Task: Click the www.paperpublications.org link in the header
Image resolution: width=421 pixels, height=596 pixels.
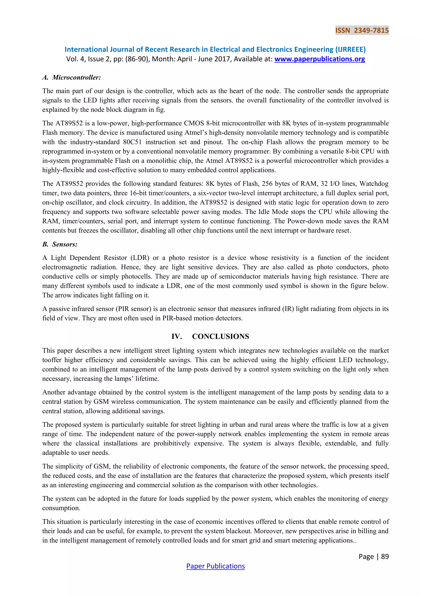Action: coord(319,59)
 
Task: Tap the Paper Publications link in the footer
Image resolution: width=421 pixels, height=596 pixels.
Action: coord(215,566)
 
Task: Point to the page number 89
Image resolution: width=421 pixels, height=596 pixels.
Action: coord(385,556)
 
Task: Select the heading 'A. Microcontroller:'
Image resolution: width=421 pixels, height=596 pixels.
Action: coord(72,77)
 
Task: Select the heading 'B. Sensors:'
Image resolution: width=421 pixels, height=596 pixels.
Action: coord(60,244)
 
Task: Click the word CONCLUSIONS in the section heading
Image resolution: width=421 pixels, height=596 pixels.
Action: coord(220,336)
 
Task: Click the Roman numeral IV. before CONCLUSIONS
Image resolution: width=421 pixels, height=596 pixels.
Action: coord(177,336)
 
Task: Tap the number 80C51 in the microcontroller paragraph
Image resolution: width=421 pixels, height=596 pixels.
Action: coord(132,142)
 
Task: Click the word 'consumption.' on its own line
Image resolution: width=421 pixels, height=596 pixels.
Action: coord(61,508)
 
